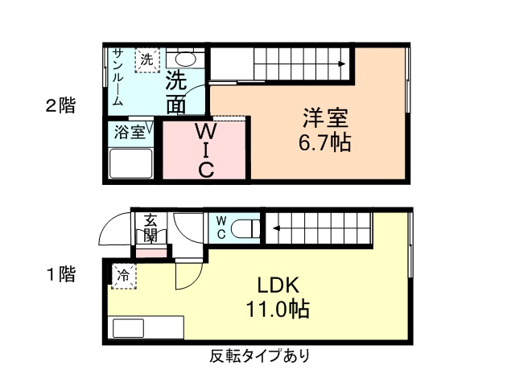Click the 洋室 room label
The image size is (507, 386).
click(x=325, y=118)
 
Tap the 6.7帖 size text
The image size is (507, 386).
click(x=325, y=144)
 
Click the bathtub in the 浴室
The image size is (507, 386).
click(x=131, y=166)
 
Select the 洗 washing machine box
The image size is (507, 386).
click(x=147, y=60)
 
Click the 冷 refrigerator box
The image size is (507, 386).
click(x=124, y=276)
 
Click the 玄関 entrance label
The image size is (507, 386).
click(x=150, y=227)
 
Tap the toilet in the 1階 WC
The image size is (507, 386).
click(x=245, y=229)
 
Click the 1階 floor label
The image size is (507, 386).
click(x=60, y=274)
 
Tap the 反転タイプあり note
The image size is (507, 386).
click(x=260, y=355)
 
